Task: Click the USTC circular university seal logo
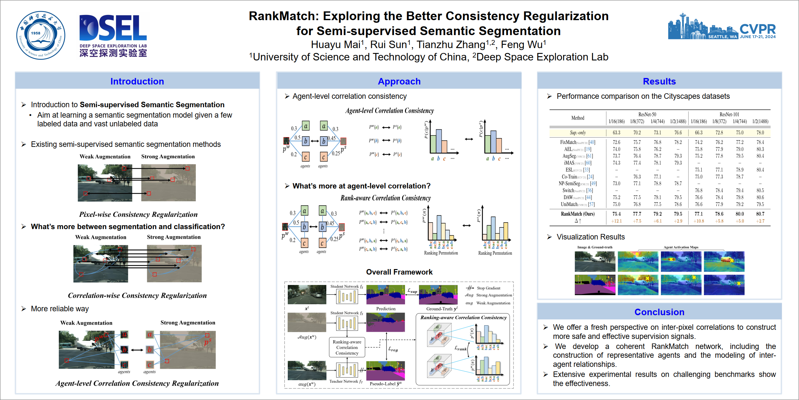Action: pyautogui.click(x=41, y=35)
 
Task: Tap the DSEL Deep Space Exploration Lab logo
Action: pyautogui.click(x=113, y=36)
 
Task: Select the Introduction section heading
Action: pyautogui.click(x=137, y=81)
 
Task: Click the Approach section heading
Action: pyautogui.click(x=399, y=81)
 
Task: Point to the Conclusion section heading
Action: pyautogui.click(x=659, y=312)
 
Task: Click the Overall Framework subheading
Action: pyautogui.click(x=399, y=272)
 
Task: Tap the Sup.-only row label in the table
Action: pyautogui.click(x=578, y=133)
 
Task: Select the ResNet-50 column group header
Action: pyautogui.click(x=647, y=114)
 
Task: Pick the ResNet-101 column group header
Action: pyautogui.click(x=729, y=114)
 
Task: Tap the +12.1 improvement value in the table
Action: pyautogui.click(x=616, y=221)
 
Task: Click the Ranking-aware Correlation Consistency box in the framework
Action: pyautogui.click(x=347, y=347)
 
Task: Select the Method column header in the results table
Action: pyautogui.click(x=577, y=118)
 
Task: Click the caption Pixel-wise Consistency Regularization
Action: pyautogui.click(x=138, y=214)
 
